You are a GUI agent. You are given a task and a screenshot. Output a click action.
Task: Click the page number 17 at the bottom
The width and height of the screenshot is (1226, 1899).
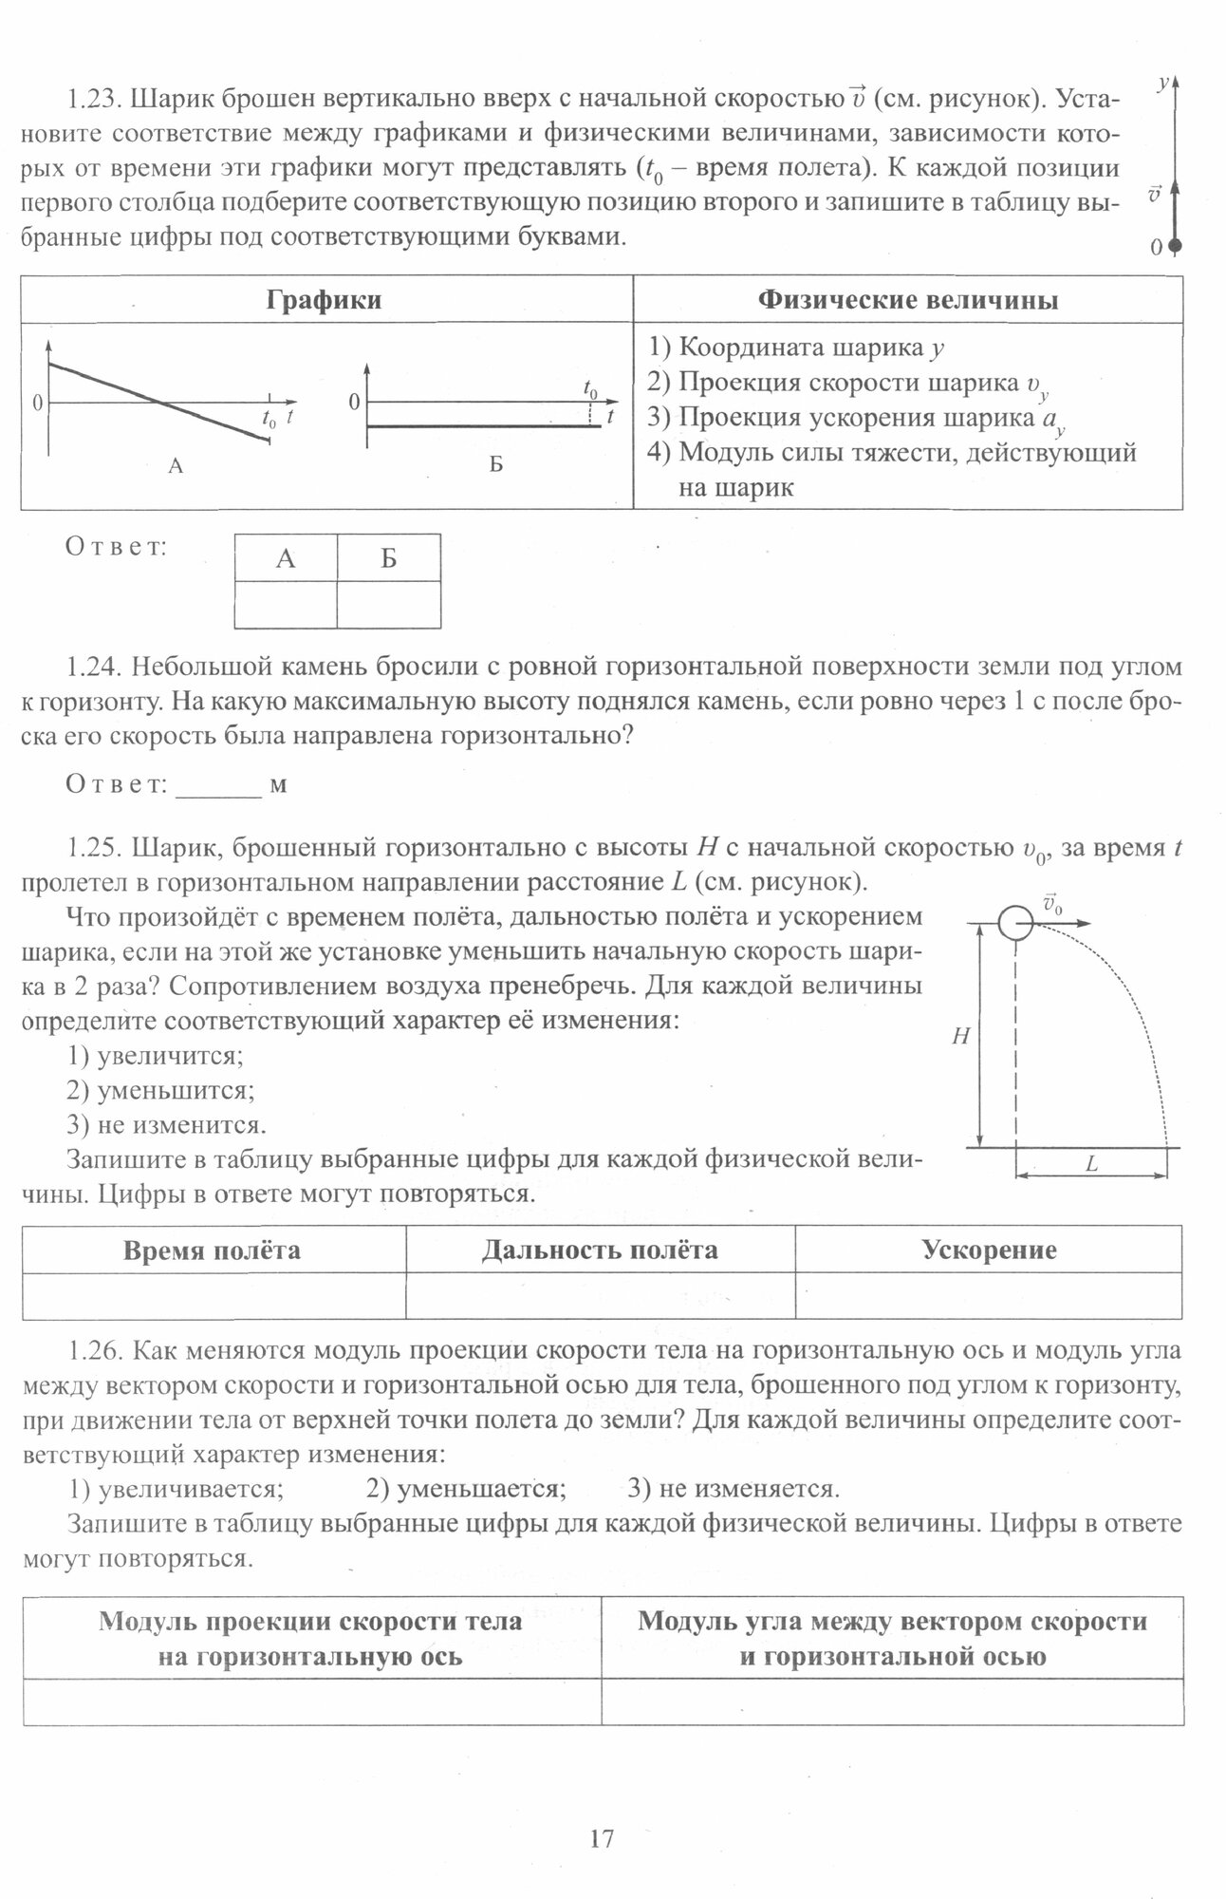[602, 1839]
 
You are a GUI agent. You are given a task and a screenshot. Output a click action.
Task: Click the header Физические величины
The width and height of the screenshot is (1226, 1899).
[908, 300]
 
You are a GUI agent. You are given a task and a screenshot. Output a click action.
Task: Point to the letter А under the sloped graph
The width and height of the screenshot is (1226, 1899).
[175, 465]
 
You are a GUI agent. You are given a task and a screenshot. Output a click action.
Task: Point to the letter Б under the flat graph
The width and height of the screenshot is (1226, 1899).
[495, 465]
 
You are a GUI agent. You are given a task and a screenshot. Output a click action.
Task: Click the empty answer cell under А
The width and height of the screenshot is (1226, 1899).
[286, 605]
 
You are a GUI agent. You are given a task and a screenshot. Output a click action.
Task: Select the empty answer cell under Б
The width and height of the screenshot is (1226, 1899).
[389, 605]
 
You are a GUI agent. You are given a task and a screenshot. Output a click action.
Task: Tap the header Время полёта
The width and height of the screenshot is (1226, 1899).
[213, 1250]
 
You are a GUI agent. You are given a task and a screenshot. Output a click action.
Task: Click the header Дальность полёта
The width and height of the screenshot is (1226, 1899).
[600, 1250]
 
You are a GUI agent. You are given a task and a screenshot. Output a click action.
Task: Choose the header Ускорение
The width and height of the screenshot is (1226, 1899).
[989, 1250]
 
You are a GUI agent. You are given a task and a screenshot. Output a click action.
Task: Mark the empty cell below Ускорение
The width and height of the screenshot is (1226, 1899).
[989, 1296]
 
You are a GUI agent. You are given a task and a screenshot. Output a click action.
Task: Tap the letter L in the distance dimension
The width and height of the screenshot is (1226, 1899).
[1091, 1164]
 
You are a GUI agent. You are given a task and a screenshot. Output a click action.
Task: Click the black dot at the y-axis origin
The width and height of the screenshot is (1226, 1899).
[1175, 246]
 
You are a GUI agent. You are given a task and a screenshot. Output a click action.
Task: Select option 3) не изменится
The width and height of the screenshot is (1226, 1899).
[167, 1125]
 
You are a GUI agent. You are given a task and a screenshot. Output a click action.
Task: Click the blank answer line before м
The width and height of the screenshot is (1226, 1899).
[218, 785]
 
